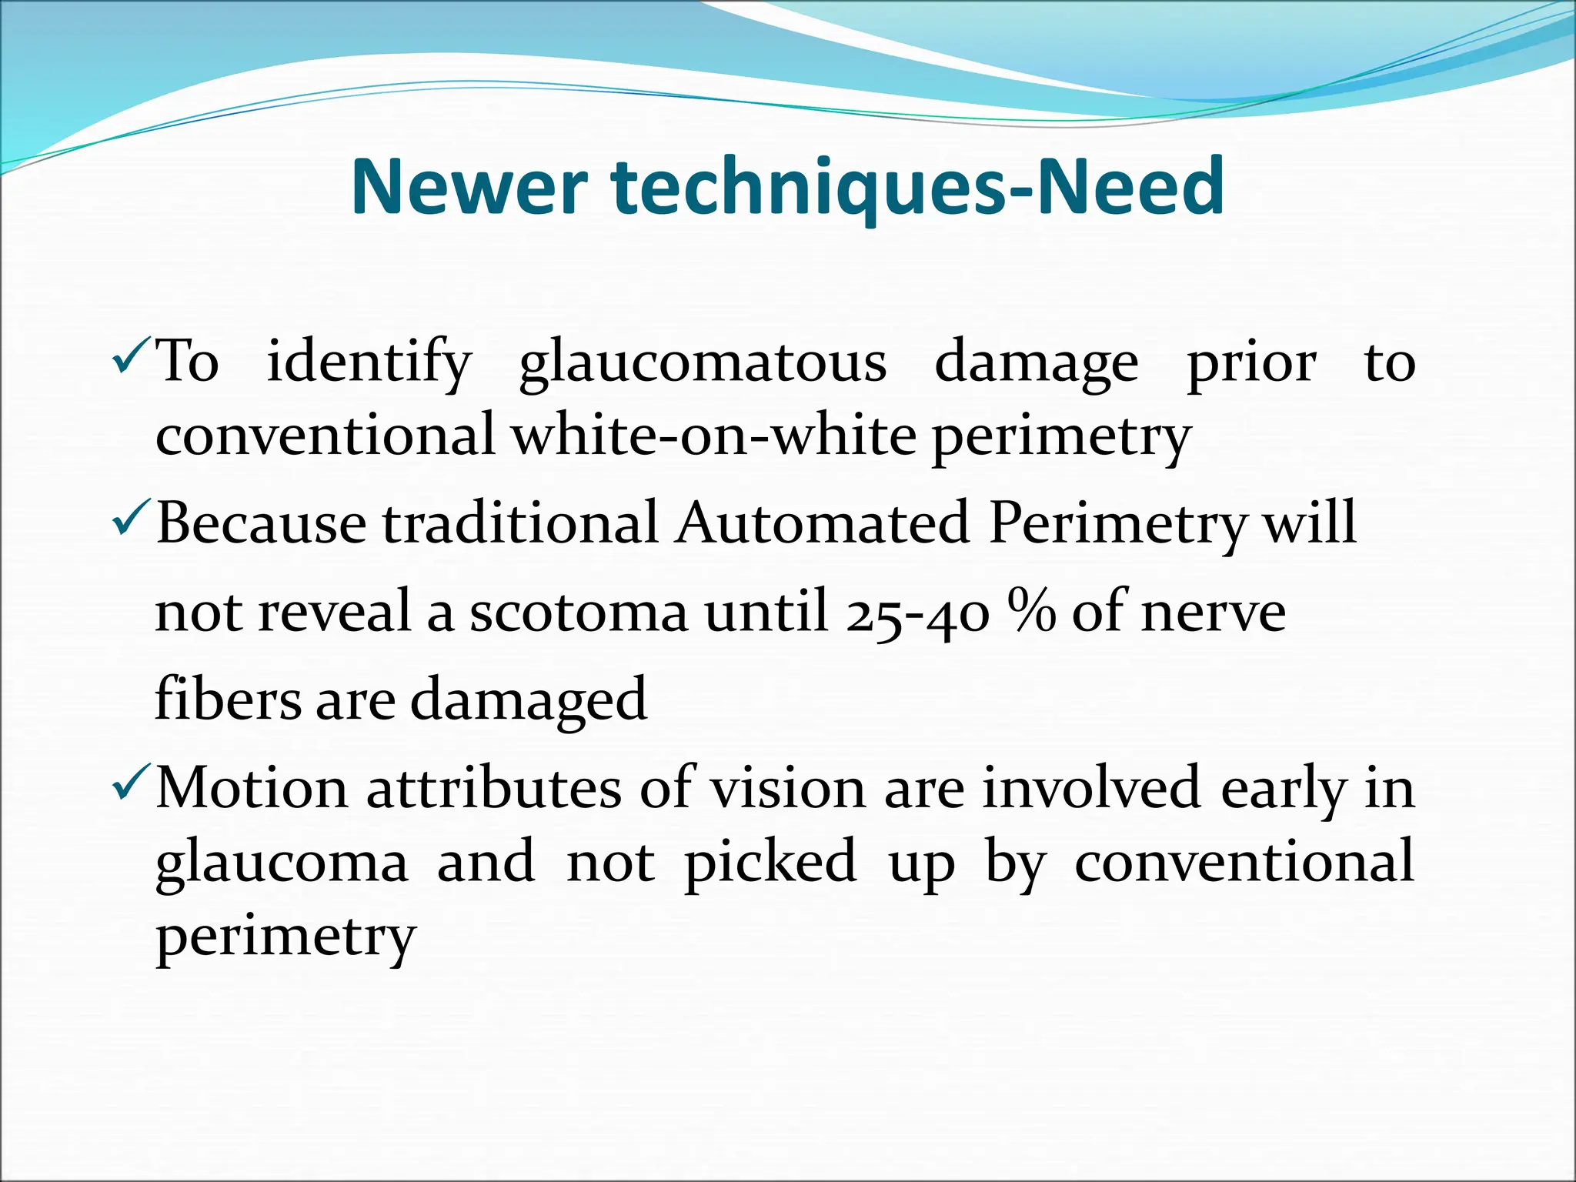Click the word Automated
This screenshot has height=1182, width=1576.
click(x=822, y=523)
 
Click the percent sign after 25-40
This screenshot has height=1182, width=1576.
click(x=1034, y=612)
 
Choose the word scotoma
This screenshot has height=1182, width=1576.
click(x=579, y=613)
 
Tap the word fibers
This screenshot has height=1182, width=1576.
click(x=228, y=699)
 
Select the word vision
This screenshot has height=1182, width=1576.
click(x=787, y=788)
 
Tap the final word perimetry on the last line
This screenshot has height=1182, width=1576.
click(x=285, y=937)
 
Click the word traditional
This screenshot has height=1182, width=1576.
click(x=520, y=523)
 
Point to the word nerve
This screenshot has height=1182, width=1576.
click(x=1214, y=613)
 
